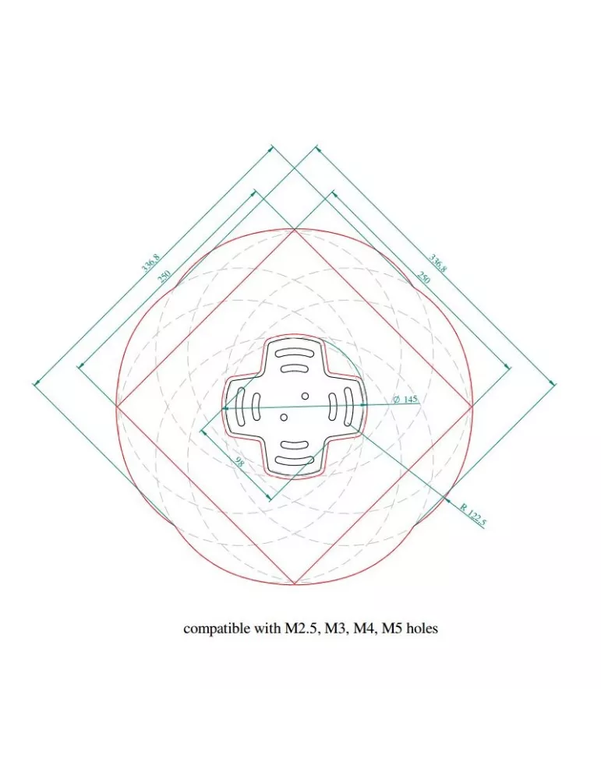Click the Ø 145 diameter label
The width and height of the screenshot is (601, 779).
coord(405,399)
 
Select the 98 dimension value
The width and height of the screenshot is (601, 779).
coord(239,461)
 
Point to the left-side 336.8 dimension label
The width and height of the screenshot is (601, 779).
coord(150,263)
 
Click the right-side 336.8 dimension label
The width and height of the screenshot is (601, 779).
coord(437,263)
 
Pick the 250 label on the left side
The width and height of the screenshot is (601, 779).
coord(164,276)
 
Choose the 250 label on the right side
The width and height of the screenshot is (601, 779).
coord(423,277)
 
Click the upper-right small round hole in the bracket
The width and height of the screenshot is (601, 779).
coord(306,396)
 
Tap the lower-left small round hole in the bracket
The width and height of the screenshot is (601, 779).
coord(284,418)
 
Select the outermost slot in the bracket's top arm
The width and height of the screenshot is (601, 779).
coord(295,353)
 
